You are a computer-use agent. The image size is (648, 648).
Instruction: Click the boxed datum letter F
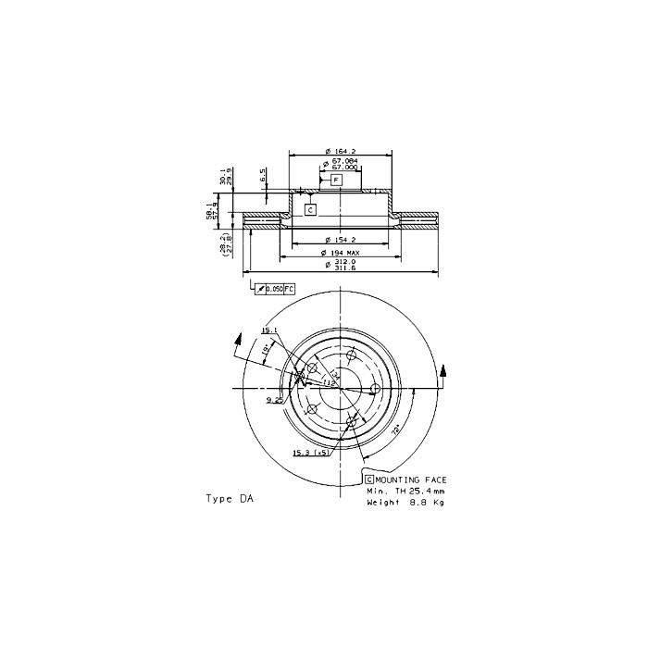(x=336, y=179)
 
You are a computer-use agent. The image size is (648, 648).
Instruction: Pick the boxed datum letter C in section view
(x=310, y=209)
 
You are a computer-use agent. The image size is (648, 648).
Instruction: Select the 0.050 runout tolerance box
(x=275, y=289)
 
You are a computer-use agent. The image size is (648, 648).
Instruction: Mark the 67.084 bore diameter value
(x=344, y=161)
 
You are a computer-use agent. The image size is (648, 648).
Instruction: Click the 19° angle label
(x=265, y=351)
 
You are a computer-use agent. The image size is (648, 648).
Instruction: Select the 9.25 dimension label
(x=274, y=400)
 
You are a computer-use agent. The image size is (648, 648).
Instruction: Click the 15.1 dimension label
(x=268, y=330)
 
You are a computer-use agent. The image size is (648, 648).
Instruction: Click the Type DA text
(x=229, y=498)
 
